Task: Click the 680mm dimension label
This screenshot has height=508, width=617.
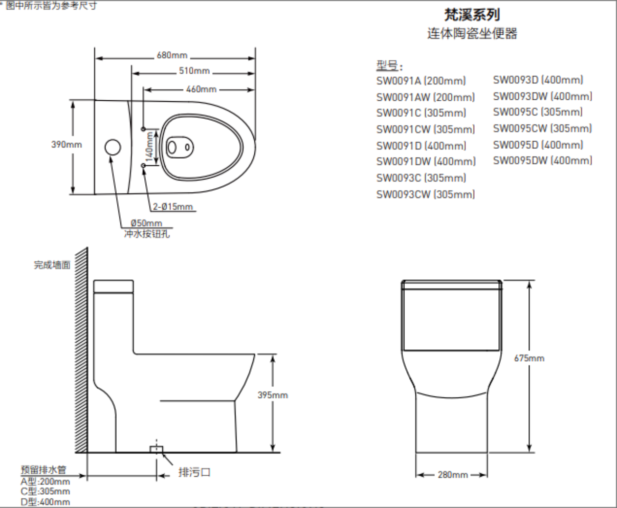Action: (x=172, y=55)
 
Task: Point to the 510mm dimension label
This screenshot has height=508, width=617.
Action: (x=194, y=71)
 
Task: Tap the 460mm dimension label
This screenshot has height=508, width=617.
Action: (x=201, y=89)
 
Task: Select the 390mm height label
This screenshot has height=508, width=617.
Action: (x=67, y=144)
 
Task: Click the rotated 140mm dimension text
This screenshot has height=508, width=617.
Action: (x=149, y=146)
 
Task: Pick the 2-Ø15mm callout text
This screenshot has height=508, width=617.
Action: (x=173, y=207)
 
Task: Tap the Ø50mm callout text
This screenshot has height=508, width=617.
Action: (x=146, y=223)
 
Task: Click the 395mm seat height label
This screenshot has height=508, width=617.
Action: (x=272, y=395)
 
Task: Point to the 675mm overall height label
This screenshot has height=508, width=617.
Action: (x=529, y=358)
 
